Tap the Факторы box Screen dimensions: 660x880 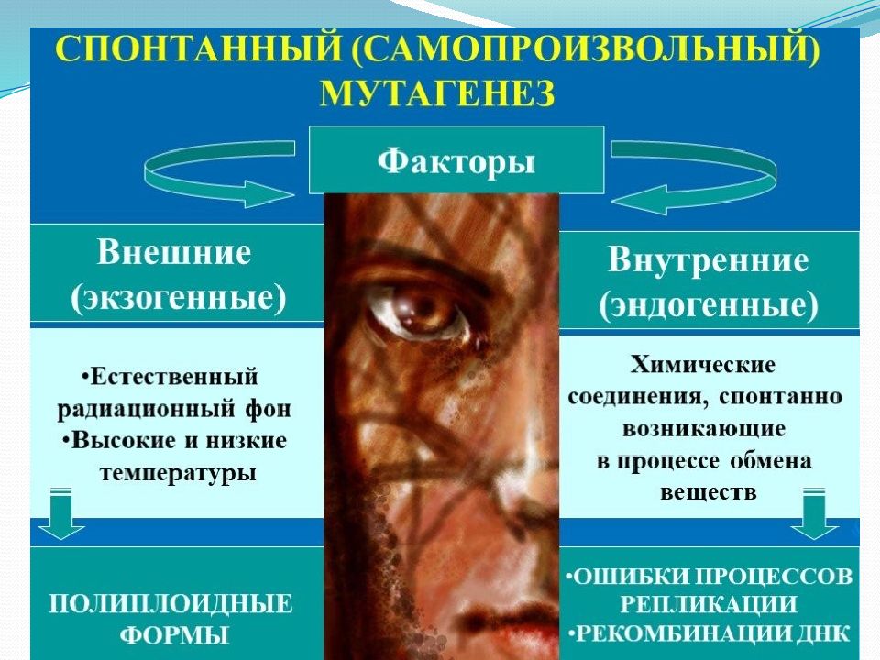click(456, 160)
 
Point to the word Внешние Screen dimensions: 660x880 click(173, 252)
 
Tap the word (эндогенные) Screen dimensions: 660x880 click(709, 306)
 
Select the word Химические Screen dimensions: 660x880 click(704, 365)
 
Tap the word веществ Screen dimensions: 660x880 click(708, 491)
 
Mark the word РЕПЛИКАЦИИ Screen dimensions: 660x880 click(707, 604)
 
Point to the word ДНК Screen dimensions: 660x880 click(828, 632)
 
